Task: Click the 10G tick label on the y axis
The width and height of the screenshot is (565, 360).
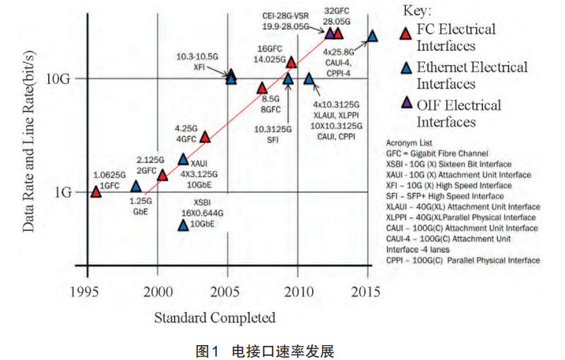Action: click(59, 79)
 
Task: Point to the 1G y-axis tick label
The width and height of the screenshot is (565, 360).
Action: click(62, 192)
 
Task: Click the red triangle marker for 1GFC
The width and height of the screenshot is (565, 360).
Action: click(96, 191)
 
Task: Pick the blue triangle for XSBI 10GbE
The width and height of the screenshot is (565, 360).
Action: click(183, 225)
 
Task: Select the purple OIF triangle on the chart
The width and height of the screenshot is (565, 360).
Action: click(329, 33)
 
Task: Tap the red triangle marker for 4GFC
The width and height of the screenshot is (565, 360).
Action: click(205, 137)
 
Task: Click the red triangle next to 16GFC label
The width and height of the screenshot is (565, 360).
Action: click(291, 62)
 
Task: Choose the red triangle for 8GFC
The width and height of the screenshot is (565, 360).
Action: click(261, 88)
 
